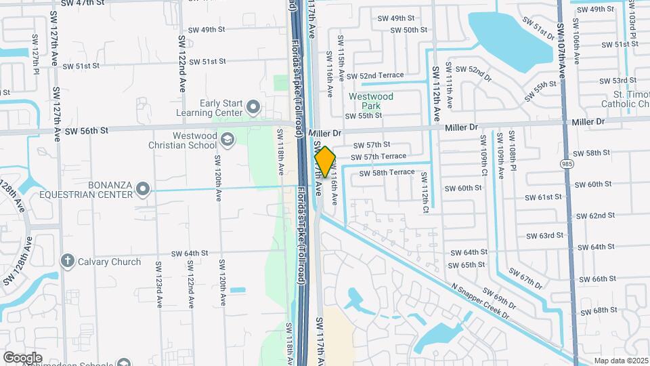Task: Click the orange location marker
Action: coord(325,161)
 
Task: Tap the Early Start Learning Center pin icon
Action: coord(253,106)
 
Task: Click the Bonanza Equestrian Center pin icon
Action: coord(142,188)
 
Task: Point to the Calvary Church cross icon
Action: coord(67,261)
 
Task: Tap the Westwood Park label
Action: coord(370,101)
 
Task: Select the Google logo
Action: coord(22,357)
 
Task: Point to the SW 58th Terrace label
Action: coord(387,173)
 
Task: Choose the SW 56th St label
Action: coord(85,129)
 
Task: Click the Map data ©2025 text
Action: coord(621,361)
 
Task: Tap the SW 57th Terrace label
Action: coord(378,157)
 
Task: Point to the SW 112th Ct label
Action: coord(425,190)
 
